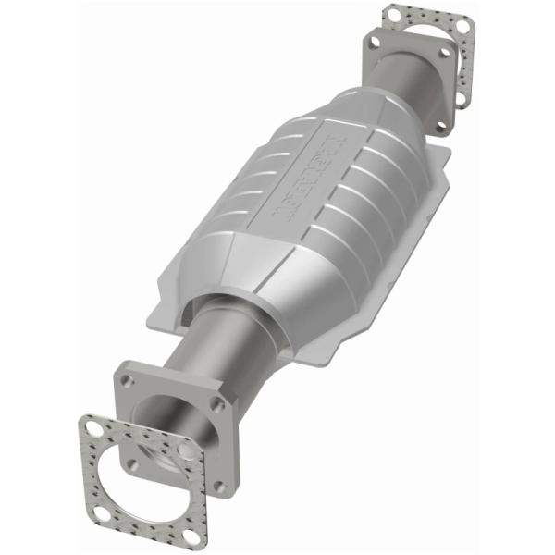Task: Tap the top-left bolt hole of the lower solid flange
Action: tap(128, 380)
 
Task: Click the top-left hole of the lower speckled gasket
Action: tap(94, 428)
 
